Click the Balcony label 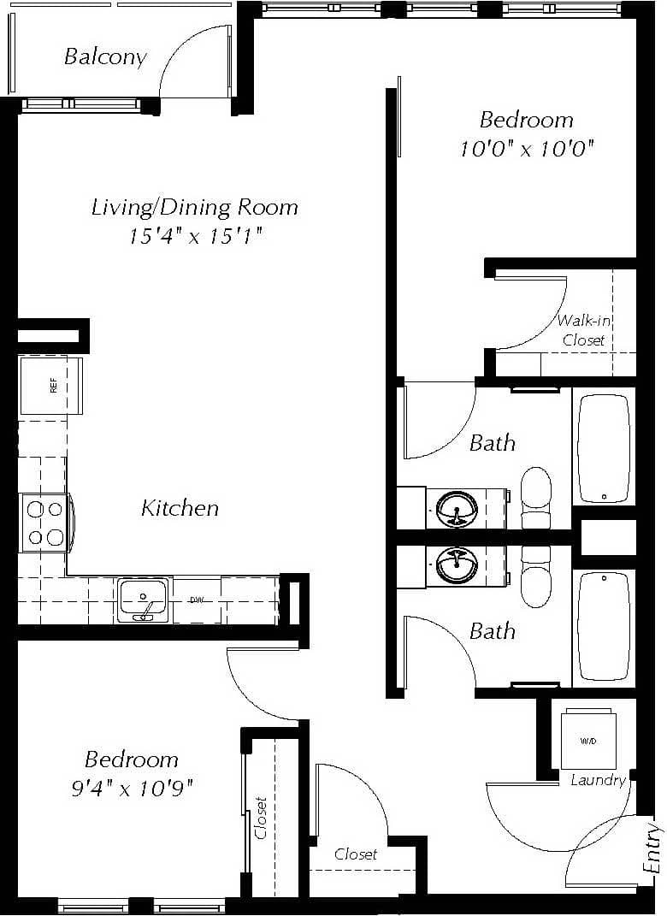tap(105, 57)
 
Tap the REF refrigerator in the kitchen tap(51, 386)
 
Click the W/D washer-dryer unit tap(588, 739)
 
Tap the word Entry tap(654, 847)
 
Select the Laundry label tap(598, 780)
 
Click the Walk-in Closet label tap(583, 330)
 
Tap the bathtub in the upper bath tap(604, 447)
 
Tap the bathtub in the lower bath tap(604, 628)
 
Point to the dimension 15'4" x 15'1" tap(195, 236)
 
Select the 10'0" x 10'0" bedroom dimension tap(527, 149)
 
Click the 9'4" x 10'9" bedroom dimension tap(133, 788)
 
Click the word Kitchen tap(180, 508)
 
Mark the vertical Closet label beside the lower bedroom tap(261, 818)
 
